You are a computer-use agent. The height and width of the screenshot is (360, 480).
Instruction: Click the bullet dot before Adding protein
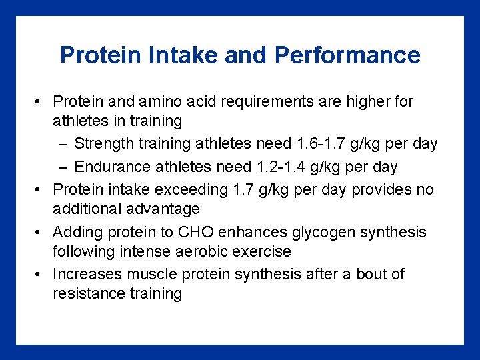(x=40, y=233)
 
